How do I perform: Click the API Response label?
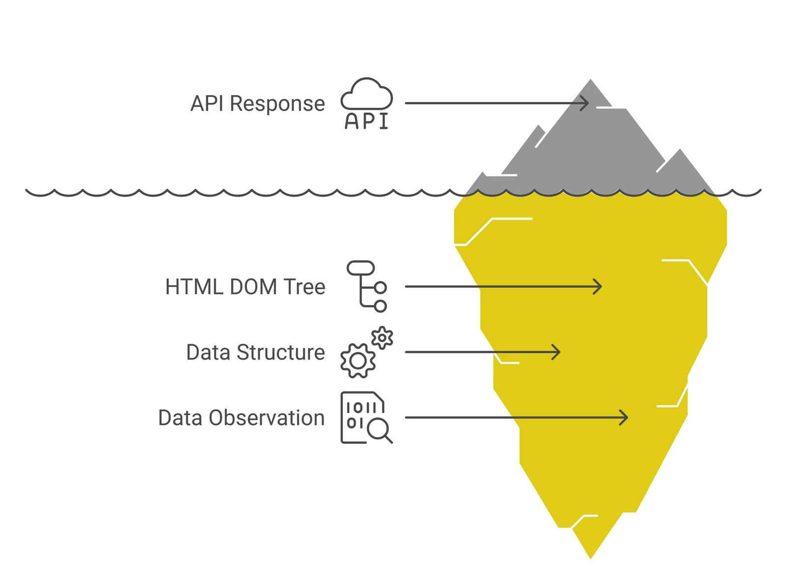(258, 104)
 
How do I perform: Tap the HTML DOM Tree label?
(245, 287)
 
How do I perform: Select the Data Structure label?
(255, 352)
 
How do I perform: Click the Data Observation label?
(242, 418)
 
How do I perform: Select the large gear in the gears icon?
(358, 361)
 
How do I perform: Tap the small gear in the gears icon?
(382, 338)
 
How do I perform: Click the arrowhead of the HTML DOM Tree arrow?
(598, 287)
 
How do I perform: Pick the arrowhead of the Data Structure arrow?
(556, 352)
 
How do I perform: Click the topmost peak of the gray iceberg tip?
(590, 79)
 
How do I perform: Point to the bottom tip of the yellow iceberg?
(590, 559)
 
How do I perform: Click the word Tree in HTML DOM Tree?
(304, 287)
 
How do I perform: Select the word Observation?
(267, 418)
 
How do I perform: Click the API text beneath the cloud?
(366, 121)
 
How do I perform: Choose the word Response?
(277, 104)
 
